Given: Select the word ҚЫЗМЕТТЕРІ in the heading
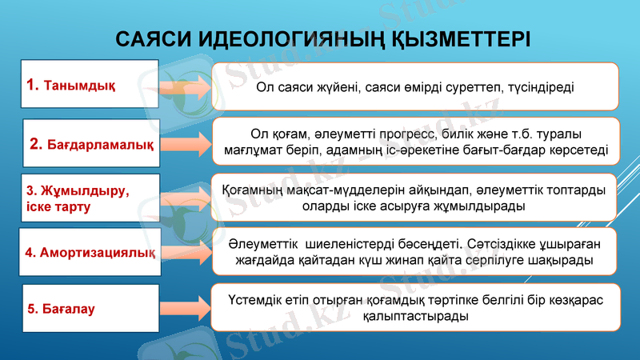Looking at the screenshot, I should [x=451, y=39].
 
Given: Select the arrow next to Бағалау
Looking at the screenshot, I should [x=182, y=307].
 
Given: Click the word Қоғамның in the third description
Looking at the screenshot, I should [x=251, y=190].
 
